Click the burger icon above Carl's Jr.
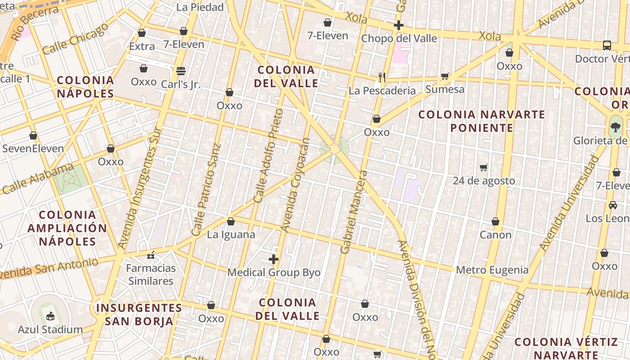coord(181,71)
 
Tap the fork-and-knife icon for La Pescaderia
coord(382,77)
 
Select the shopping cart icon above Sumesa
coord(445,76)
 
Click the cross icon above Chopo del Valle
coord(399,25)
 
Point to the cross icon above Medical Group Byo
coord(274,259)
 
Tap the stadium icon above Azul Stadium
coord(50,316)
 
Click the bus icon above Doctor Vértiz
coord(607,45)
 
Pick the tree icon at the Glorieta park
coord(615,126)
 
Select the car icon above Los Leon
coord(613,205)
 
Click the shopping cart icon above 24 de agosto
coord(484,167)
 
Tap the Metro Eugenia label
coord(492,270)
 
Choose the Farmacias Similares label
coord(151,274)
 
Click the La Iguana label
coord(231,234)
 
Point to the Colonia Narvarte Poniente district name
coord(481,121)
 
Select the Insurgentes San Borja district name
coord(139,314)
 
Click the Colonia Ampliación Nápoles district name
coord(67,228)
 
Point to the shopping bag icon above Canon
coord(495,221)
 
